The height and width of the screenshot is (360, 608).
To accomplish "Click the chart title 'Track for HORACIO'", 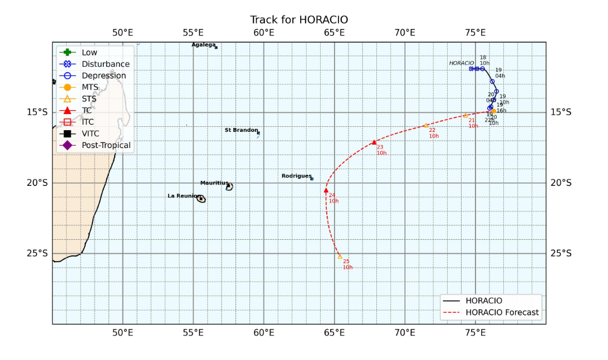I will pos(299,20).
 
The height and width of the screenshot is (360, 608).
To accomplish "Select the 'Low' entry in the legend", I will pos(89,52).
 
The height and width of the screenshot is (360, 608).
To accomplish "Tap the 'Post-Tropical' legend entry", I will pos(106,145).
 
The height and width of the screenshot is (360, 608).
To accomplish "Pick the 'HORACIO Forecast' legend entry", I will pos(502,313).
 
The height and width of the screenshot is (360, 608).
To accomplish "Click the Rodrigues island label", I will pos(296,176).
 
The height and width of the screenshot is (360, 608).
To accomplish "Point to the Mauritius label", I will pos(214,183).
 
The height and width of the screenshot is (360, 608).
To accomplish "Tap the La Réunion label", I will pos(184,196).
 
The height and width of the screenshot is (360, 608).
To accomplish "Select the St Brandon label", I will pos(241,130).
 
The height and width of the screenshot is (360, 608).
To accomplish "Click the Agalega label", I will pos(203,45).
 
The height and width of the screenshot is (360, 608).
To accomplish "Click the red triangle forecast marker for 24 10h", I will pos(326,191).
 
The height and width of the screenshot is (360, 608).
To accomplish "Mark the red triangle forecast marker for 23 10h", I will pos(374,142).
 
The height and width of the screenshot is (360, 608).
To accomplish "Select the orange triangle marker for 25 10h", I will pos(340,257).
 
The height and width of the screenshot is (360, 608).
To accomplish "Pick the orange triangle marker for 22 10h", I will pos(426,125).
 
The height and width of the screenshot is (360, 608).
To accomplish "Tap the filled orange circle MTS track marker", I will pos(493,111).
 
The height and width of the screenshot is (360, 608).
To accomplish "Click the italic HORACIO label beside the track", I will pos(462,63).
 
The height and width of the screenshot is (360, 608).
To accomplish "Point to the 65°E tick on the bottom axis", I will pos(335,333).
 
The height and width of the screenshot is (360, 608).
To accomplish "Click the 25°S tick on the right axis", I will pos(561,253).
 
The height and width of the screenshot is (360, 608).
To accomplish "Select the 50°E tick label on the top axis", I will pos(122,32).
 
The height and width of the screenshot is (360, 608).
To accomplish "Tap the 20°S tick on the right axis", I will pos(561,183).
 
